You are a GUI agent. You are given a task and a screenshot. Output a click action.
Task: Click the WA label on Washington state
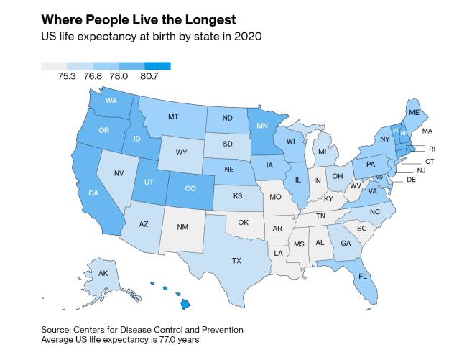click(111, 101)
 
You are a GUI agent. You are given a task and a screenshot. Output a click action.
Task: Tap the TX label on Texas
click(236, 261)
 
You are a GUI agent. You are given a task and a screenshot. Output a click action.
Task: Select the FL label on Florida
click(363, 277)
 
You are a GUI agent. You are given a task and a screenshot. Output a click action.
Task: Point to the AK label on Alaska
click(103, 273)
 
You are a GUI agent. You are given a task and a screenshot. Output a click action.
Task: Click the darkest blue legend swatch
click(158, 66)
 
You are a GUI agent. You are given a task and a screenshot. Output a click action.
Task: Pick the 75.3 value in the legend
click(67, 76)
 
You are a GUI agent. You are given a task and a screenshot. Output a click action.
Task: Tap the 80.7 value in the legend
click(149, 76)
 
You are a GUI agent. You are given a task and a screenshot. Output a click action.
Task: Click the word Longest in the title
click(210, 20)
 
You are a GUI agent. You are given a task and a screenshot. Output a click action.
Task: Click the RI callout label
click(432, 149)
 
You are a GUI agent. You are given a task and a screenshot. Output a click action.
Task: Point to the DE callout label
click(411, 180)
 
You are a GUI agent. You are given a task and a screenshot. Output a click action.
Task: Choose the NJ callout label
click(421, 171)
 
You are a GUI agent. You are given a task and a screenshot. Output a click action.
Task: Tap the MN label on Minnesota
click(262, 126)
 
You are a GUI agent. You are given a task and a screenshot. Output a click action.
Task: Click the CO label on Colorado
click(190, 188)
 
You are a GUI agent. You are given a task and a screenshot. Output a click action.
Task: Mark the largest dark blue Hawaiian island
click(185, 304)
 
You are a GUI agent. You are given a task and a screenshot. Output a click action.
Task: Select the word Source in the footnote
click(56, 330)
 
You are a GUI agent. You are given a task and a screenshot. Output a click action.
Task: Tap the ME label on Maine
click(414, 113)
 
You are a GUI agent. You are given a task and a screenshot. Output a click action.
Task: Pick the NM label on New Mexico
click(182, 227)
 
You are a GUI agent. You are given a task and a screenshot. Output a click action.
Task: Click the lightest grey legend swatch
click(54, 66)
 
